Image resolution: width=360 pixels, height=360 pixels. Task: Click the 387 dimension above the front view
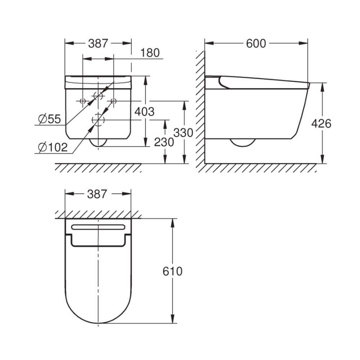98,43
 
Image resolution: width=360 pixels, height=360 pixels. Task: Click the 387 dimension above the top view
98,194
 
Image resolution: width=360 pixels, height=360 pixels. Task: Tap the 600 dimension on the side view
256,43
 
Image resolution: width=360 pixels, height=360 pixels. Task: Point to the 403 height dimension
144,112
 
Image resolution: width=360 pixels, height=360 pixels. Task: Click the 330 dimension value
183,132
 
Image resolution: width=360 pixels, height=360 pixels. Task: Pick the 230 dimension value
164,142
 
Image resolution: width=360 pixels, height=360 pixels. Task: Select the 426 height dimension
321,123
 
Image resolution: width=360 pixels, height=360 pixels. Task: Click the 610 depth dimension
172,271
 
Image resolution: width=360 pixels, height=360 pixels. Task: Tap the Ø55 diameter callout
50,119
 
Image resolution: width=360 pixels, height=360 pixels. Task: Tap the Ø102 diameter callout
53,147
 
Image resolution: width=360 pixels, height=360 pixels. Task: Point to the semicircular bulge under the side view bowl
242,143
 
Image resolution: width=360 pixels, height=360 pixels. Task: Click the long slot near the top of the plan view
98,227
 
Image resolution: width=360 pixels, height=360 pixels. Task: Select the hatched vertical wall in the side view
200,108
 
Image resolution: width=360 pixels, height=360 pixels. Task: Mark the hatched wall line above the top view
98,215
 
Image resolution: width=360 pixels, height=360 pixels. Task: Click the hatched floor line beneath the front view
98,167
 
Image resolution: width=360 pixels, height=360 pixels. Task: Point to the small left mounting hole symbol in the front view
82,101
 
